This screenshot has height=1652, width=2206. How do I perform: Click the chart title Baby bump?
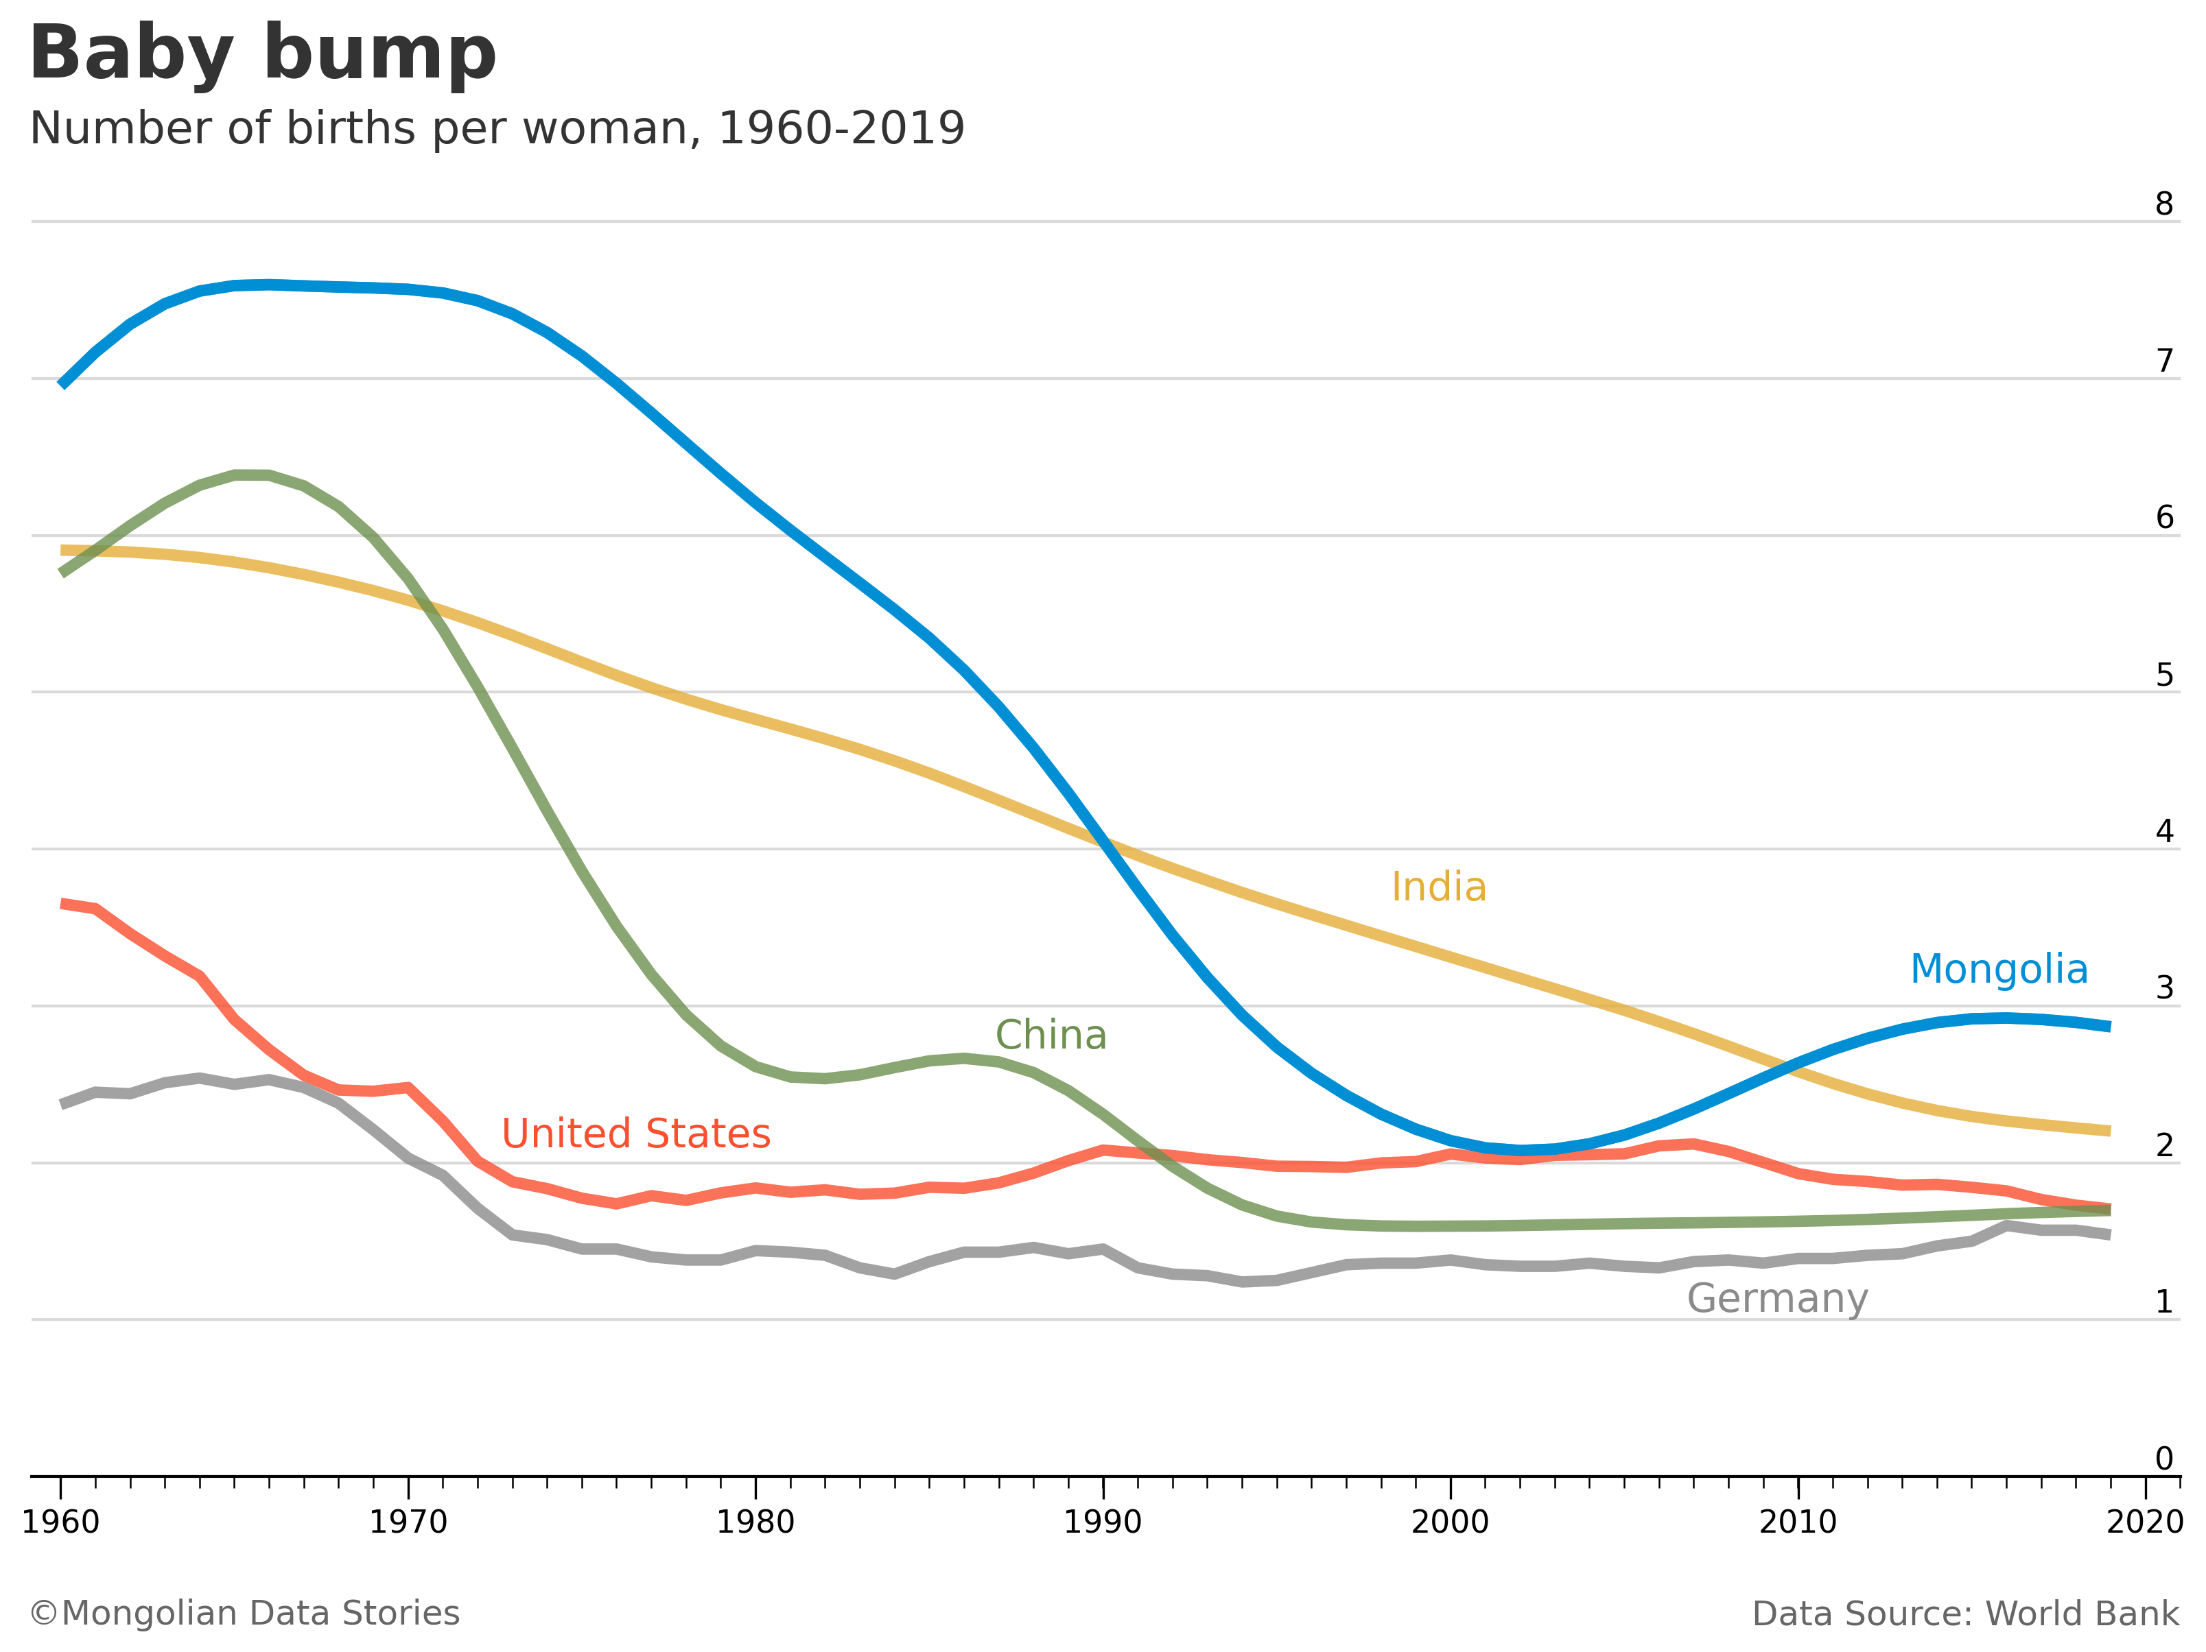coord(262,54)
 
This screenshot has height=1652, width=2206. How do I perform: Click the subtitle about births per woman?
coord(497,129)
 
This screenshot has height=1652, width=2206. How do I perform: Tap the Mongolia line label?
coord(1999,969)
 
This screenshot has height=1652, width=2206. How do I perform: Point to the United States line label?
coord(635,1134)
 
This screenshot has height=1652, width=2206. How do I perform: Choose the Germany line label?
coord(1776,1299)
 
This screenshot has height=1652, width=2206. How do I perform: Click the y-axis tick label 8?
coord(2163,204)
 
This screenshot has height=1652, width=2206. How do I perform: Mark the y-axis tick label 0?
coord(2163,1459)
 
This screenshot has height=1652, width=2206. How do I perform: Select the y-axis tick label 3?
coord(2163,988)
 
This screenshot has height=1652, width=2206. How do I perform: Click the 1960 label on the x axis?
coord(61,1522)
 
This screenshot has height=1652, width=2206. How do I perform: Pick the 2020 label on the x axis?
coord(2145,1522)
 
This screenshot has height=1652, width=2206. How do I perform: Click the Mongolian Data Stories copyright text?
coord(244,1613)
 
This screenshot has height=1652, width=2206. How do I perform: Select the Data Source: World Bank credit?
coord(1964,1613)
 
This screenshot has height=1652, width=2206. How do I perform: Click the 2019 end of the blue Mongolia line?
coord(2109,1026)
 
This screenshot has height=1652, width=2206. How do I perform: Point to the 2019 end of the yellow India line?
coord(2109,1131)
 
